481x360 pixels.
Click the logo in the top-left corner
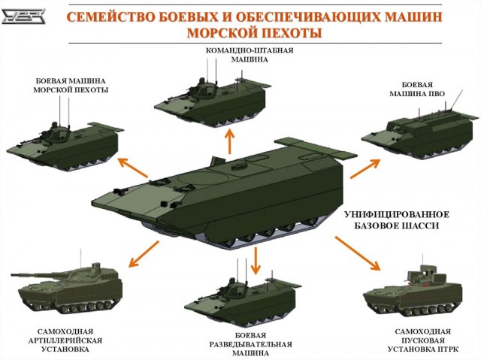[23, 17]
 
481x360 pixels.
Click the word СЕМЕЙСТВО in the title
[110, 17]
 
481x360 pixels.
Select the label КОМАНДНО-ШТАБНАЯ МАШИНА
[250, 55]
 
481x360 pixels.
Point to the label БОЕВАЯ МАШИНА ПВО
[417, 89]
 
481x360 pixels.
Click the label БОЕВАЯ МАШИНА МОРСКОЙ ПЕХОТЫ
[71, 86]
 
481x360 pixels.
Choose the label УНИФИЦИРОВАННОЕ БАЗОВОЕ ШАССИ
[397, 220]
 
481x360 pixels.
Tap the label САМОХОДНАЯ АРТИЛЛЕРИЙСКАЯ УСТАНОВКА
[65, 340]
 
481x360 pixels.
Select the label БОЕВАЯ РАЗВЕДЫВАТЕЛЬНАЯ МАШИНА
[250, 344]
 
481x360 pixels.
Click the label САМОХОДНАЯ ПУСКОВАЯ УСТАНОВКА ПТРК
[422, 340]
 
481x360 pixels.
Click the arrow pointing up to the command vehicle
[229, 141]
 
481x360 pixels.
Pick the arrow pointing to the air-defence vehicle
[365, 168]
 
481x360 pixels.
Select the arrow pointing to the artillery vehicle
[144, 254]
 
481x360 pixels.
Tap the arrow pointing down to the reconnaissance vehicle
[256, 260]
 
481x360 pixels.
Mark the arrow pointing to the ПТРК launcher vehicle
[358, 253]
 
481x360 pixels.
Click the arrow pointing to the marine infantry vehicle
[133, 168]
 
